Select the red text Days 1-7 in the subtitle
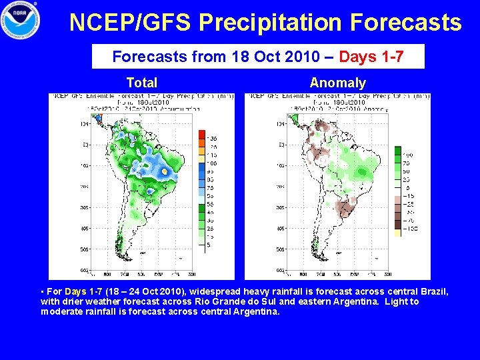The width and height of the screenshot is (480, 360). (x=371, y=57)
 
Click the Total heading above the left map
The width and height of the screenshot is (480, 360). (x=141, y=83)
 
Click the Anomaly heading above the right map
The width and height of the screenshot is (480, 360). (x=337, y=83)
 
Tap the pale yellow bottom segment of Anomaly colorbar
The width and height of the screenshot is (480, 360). (x=397, y=233)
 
